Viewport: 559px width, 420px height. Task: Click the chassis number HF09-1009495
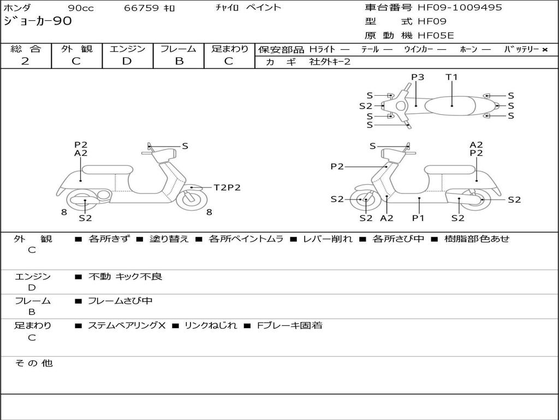pos(460,8)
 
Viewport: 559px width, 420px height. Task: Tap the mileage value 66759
pos(141,8)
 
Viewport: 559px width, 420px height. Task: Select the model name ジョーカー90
pos(38,21)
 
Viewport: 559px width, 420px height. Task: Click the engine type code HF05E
pos(436,36)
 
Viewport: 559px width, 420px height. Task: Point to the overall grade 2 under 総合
pos(25,61)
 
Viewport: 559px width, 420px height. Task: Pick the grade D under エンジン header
pos(127,61)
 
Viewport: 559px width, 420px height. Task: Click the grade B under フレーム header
pos(179,61)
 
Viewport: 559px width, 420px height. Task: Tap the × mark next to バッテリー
pos(545,50)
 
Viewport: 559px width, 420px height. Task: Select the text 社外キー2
pos(330,62)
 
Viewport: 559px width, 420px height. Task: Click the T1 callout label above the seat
pos(451,77)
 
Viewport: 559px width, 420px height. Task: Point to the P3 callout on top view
pos(418,77)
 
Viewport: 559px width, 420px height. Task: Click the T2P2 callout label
pos(227,188)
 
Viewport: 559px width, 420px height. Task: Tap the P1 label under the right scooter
pos(418,218)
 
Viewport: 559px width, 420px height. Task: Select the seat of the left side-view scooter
pos(108,170)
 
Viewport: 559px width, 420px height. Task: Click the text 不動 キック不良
pos(125,276)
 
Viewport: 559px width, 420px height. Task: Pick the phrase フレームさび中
pos(120,301)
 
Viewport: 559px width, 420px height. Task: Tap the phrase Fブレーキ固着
pos(289,325)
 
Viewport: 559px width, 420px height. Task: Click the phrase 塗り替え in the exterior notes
pos(169,238)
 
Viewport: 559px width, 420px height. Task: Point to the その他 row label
pos(34,363)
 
